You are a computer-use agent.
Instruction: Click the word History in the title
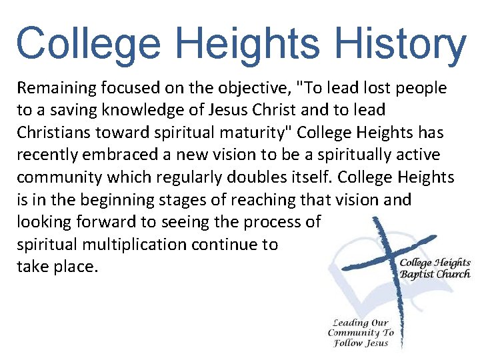400,44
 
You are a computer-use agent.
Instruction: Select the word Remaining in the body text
54,88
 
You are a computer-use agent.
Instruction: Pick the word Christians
53,133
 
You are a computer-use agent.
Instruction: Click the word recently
45,155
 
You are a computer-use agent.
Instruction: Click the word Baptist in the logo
417,274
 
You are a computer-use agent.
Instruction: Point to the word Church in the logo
453,274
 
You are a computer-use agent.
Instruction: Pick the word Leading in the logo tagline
351,323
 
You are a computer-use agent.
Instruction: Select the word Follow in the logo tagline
347,343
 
